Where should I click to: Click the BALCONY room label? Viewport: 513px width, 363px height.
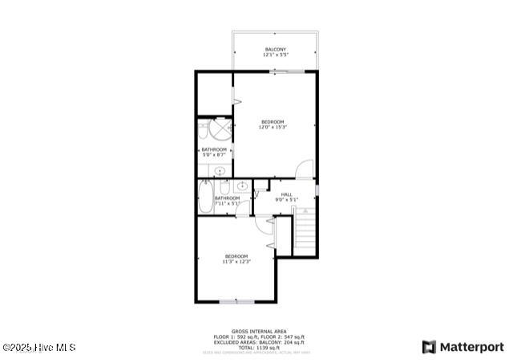(275, 50)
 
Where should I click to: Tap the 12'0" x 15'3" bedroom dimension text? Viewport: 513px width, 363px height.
(273, 127)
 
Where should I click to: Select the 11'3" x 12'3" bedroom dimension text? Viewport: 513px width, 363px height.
(236, 261)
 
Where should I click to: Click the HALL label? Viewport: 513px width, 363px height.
(286, 194)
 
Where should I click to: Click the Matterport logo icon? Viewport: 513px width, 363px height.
(430, 347)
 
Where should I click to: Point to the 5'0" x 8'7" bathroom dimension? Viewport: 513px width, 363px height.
(214, 154)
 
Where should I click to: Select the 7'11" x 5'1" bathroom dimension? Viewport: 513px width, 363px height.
(227, 203)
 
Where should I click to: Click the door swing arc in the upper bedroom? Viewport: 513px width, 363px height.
(305, 169)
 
